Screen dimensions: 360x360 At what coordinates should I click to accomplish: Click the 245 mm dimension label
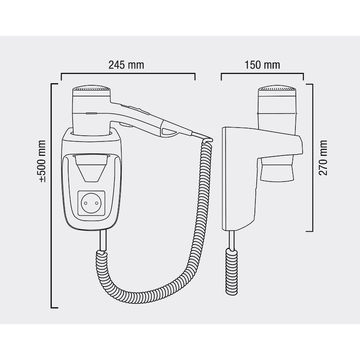click(x=126, y=65)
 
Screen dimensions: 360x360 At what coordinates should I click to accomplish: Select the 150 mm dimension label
click(x=262, y=65)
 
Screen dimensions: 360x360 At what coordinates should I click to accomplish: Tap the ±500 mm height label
click(x=42, y=161)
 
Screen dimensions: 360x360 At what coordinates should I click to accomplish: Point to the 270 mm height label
click(x=323, y=157)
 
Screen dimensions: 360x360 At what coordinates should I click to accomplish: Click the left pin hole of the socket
click(x=86, y=203)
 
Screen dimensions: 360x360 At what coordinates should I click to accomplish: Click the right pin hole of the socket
click(x=97, y=203)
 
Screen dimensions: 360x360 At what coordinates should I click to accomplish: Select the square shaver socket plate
click(x=91, y=203)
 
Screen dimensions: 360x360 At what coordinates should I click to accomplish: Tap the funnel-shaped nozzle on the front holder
click(x=91, y=168)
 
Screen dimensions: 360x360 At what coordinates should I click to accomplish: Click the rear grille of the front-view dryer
click(x=91, y=88)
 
